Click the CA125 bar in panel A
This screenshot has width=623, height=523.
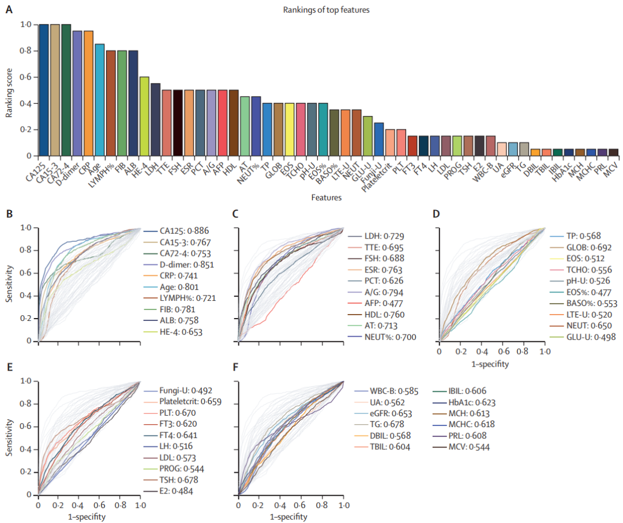coord(43,89)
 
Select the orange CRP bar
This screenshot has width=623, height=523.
coord(88,93)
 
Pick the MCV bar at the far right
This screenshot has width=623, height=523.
coord(614,152)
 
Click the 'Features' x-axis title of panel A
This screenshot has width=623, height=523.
coord(326,197)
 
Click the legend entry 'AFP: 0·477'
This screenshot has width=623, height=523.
coord(384,304)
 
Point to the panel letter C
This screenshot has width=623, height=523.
coord(235,214)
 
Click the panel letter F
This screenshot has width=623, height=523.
coord(235,367)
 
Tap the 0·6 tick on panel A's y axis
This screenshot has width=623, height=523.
coord(25,77)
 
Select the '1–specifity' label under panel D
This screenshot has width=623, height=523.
coord(492,364)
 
